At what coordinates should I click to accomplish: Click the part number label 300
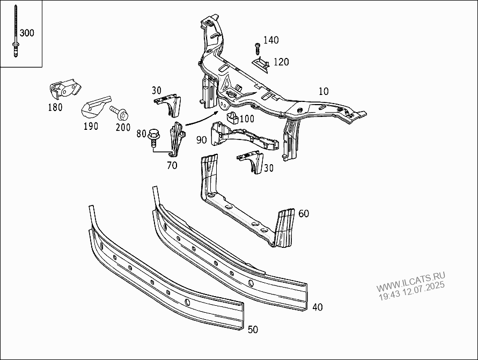tap(27, 33)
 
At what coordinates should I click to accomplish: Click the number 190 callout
tap(91, 126)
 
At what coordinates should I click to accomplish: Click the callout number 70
tap(172, 165)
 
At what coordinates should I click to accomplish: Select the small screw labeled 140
tap(258, 48)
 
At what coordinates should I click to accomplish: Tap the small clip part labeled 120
tap(262, 64)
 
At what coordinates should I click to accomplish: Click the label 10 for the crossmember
tap(323, 92)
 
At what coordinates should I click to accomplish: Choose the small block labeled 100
tap(232, 117)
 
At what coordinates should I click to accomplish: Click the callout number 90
tap(202, 140)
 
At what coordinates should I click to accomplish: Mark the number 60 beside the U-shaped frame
tap(304, 214)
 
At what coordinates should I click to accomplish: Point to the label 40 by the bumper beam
tap(318, 307)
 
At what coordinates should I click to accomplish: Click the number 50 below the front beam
tap(253, 329)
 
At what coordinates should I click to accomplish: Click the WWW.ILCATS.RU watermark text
tap(410, 282)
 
